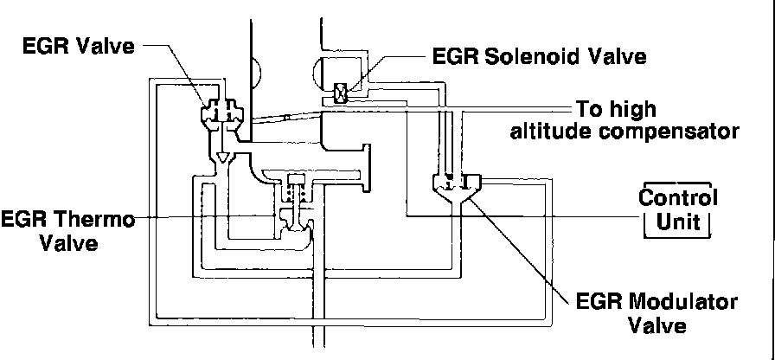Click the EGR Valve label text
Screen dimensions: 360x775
(x=79, y=45)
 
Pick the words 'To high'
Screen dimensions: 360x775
(x=617, y=111)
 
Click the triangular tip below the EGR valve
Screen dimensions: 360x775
(x=224, y=159)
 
